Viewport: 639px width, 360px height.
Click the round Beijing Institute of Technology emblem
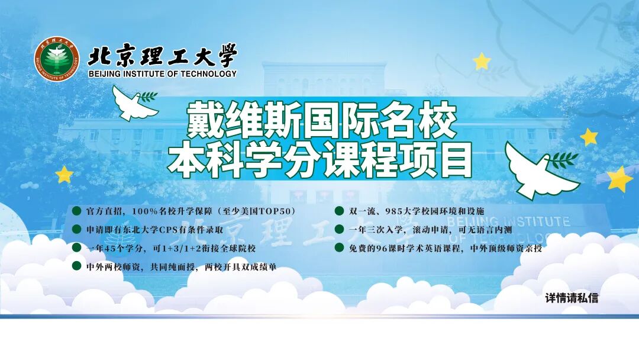click(56, 59)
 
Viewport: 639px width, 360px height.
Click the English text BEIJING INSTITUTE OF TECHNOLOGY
click(162, 74)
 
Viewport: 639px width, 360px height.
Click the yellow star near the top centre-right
click(482, 61)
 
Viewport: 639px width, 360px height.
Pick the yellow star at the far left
click(64, 174)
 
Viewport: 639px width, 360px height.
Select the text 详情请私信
click(572, 298)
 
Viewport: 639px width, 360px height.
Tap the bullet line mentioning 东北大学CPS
click(154, 229)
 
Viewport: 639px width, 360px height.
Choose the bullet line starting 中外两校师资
click(181, 267)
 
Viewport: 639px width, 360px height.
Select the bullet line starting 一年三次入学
click(430, 230)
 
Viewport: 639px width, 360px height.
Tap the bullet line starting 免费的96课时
click(445, 248)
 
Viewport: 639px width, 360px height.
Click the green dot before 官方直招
click(76, 211)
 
